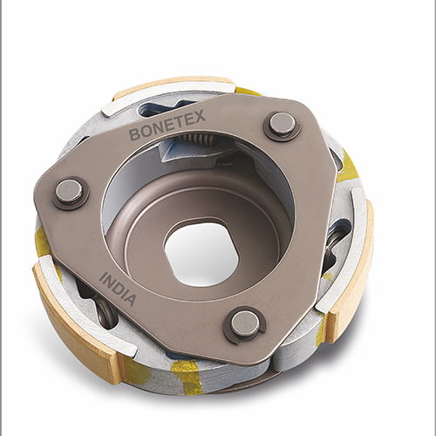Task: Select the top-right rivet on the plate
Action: (282, 126)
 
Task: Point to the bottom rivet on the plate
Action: (244, 324)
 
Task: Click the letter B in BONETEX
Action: (134, 135)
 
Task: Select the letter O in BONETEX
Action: (143, 133)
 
